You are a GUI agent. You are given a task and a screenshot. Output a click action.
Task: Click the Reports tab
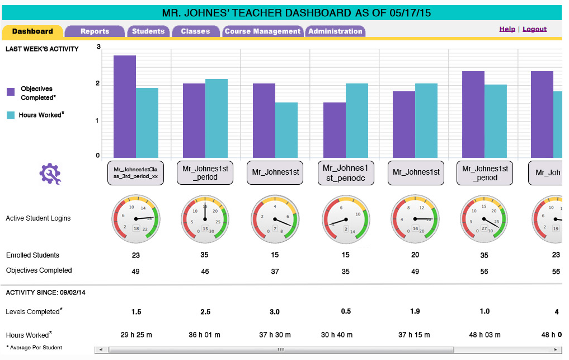(x=95, y=31)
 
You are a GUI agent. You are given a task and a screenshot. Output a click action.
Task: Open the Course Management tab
(x=262, y=31)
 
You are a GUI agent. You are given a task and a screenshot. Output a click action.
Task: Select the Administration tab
(x=335, y=31)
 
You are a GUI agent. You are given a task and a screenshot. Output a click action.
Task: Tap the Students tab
(x=148, y=31)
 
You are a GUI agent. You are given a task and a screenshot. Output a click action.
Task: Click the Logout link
(x=534, y=29)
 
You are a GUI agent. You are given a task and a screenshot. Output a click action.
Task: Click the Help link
(x=507, y=29)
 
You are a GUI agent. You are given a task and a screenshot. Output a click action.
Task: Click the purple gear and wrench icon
(x=50, y=174)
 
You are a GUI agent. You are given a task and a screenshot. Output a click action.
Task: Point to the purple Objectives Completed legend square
(x=11, y=92)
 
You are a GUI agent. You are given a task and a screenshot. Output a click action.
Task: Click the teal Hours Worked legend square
(x=11, y=115)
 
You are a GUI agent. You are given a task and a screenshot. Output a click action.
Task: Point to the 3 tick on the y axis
(x=98, y=47)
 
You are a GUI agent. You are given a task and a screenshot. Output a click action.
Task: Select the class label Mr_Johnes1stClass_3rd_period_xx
(x=135, y=172)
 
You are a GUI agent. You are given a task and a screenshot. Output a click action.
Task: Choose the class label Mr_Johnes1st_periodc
(x=345, y=172)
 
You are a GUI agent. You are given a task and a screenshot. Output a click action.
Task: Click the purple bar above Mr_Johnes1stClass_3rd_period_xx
(x=125, y=106)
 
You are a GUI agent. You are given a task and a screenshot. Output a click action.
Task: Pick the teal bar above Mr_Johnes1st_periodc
(x=356, y=120)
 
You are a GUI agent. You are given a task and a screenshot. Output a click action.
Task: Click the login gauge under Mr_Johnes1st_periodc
(x=345, y=219)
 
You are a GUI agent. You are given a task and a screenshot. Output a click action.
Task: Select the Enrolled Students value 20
(x=415, y=255)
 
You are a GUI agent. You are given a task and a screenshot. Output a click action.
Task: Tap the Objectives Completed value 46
(x=205, y=272)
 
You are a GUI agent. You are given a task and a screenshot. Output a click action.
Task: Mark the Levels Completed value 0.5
(x=345, y=311)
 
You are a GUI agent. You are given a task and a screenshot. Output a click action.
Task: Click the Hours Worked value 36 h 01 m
(x=205, y=335)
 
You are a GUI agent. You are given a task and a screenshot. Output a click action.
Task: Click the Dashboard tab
(x=32, y=31)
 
